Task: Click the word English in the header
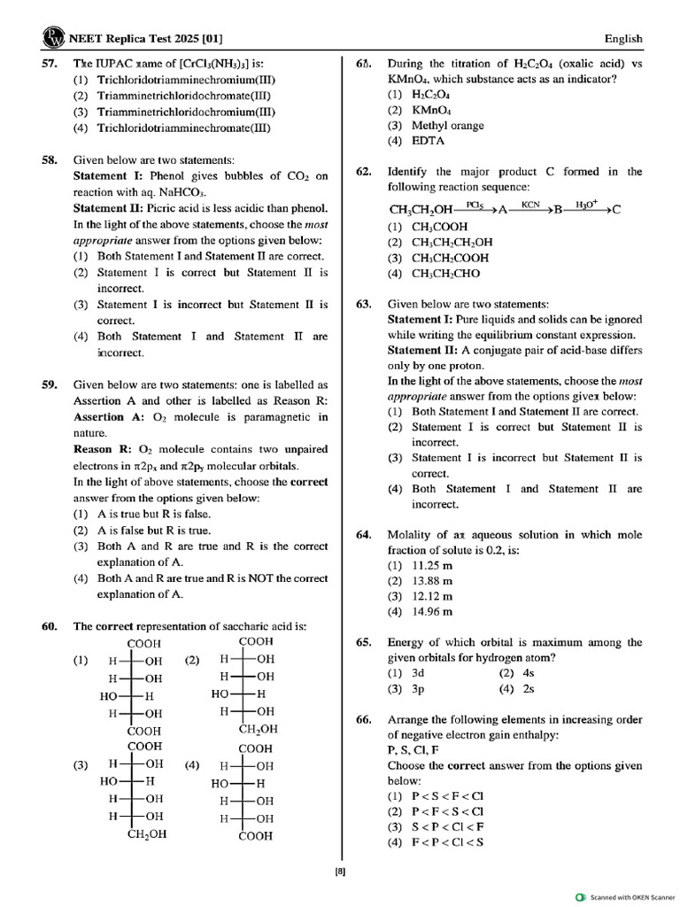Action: click(x=623, y=39)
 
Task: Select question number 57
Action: click(x=50, y=64)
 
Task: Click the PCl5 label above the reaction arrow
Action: click(x=474, y=204)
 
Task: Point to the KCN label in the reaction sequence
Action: click(x=530, y=204)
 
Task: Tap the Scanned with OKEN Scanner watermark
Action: click(x=627, y=896)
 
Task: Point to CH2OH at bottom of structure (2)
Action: click(x=258, y=729)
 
